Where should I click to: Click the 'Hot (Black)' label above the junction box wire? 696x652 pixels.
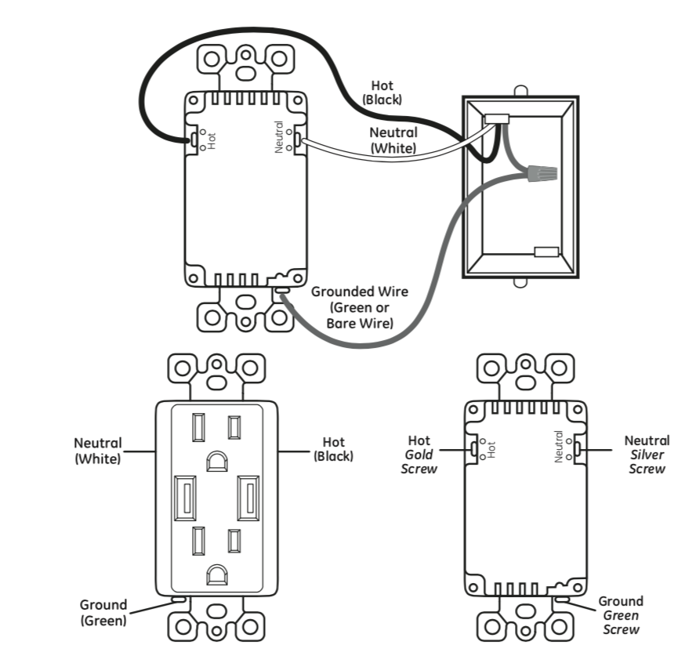[x=382, y=92]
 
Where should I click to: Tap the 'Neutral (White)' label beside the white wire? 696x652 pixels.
[x=393, y=139]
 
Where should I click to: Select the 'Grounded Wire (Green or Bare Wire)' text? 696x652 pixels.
[x=360, y=307]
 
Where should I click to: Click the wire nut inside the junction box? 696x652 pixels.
[x=542, y=172]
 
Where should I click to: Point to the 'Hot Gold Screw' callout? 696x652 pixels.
[x=419, y=455]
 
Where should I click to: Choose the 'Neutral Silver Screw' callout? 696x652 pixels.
[x=647, y=455]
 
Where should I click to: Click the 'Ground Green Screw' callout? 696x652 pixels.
[x=621, y=615]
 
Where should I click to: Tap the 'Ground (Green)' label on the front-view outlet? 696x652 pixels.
[x=103, y=613]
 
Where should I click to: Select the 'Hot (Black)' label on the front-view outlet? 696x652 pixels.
[x=333, y=449]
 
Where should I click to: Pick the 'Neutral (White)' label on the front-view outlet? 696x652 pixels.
[x=98, y=451]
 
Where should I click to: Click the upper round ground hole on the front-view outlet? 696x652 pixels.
[x=217, y=461]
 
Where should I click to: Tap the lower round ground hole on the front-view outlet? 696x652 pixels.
[x=217, y=574]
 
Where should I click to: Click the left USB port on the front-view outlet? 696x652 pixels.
[x=186, y=498]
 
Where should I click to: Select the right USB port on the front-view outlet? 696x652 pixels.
[x=248, y=498]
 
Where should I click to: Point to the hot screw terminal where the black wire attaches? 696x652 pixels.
[x=193, y=140]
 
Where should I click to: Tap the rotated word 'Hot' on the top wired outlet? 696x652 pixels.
[x=212, y=140]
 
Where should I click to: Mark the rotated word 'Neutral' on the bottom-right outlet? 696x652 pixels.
[x=559, y=447]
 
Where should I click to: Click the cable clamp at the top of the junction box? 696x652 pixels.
[x=497, y=119]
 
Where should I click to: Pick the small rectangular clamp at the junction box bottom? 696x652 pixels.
[x=546, y=252]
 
